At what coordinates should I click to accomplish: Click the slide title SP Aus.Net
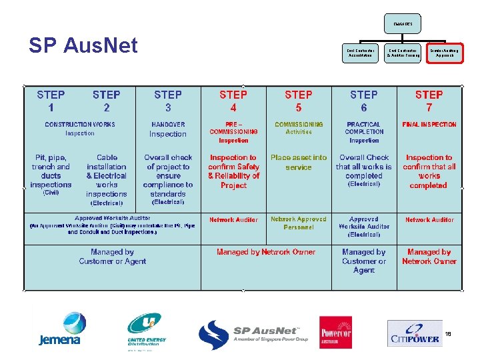click(x=83, y=45)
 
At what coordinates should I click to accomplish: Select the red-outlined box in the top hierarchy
click(x=445, y=52)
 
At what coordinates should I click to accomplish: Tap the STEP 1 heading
click(x=51, y=101)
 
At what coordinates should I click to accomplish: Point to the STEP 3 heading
click(x=167, y=101)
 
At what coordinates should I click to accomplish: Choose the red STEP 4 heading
click(x=233, y=101)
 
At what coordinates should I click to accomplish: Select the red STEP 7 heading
click(x=429, y=101)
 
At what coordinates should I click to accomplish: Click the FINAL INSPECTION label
click(x=429, y=125)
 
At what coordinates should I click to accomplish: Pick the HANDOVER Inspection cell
click(x=168, y=129)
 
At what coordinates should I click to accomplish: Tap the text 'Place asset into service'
click(x=299, y=163)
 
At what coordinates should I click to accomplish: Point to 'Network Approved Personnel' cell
click(x=299, y=223)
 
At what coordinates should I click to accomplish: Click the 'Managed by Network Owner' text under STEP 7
click(x=429, y=257)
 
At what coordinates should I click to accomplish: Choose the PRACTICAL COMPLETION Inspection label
click(x=364, y=132)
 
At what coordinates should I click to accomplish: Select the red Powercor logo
click(x=335, y=332)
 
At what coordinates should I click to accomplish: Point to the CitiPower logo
click(x=415, y=333)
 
